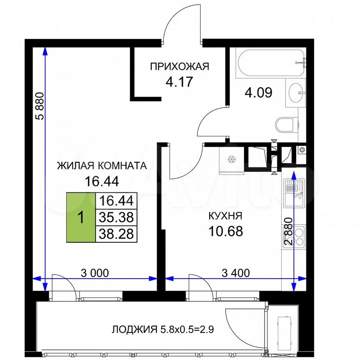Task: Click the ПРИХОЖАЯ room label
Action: [x=180, y=67]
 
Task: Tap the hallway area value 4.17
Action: [x=179, y=82]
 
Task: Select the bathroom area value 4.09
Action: [x=258, y=93]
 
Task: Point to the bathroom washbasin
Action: [x=296, y=93]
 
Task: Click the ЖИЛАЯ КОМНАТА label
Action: [x=102, y=165]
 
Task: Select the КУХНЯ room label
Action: [x=225, y=216]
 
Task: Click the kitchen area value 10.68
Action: [x=225, y=231]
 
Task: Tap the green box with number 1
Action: [x=81, y=217]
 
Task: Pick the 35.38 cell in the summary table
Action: [x=116, y=217]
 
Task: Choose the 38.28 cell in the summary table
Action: [x=116, y=234]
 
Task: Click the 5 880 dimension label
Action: [x=39, y=106]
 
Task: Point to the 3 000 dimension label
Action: [x=95, y=273]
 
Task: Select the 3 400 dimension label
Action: [x=236, y=273]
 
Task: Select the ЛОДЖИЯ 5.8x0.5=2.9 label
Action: [x=163, y=330]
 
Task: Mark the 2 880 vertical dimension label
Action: [x=288, y=231]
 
